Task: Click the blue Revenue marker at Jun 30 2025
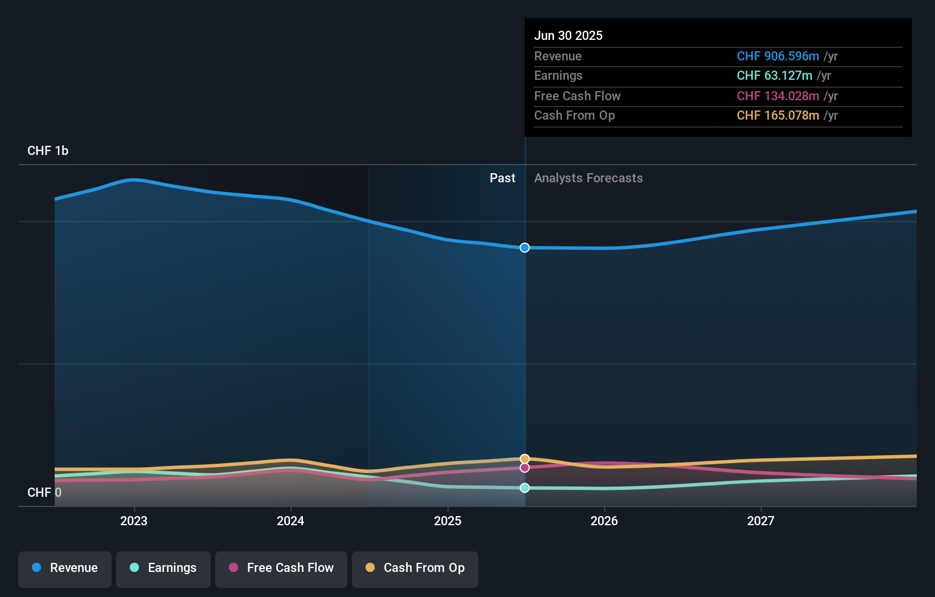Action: click(524, 248)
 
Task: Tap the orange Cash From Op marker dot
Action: click(524, 459)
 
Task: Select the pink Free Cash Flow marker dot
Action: click(524, 468)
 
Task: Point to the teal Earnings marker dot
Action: click(524, 488)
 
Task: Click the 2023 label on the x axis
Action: click(134, 521)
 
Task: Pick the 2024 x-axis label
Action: click(290, 521)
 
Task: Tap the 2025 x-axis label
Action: click(448, 521)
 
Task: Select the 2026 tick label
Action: click(604, 521)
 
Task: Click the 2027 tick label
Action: click(761, 521)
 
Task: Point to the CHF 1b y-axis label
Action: click(48, 151)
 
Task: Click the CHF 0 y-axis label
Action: click(44, 492)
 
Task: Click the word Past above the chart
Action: click(503, 178)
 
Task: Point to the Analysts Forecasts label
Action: click(589, 178)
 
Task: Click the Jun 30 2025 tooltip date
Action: click(568, 35)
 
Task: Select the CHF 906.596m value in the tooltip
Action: click(778, 56)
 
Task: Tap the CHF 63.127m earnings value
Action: click(775, 76)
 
